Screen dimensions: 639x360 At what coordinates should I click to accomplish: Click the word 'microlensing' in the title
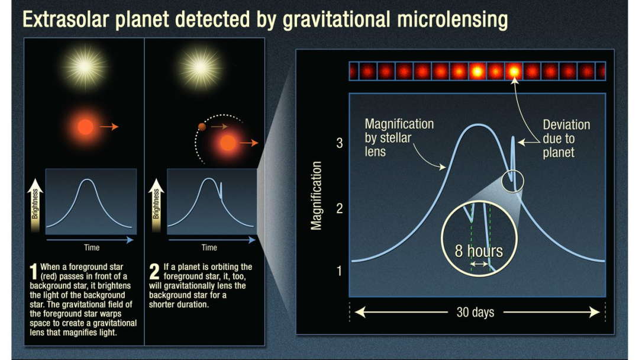point(453,20)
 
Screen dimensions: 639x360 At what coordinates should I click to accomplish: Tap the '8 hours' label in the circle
point(479,251)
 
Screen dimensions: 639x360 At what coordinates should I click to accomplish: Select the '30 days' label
point(475,312)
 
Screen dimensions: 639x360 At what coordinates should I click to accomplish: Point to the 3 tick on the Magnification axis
point(340,143)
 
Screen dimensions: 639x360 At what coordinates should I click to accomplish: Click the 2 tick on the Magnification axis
point(340,209)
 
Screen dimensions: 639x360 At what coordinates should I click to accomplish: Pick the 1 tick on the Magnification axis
point(339,271)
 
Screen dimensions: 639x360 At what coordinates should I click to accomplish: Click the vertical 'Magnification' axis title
point(316,196)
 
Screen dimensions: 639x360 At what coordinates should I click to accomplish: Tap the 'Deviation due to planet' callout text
point(566,139)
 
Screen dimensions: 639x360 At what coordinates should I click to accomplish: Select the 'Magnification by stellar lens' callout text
point(399,138)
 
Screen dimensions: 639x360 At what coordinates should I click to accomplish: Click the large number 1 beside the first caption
point(33,272)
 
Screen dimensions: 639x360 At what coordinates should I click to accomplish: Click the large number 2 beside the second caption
point(154,272)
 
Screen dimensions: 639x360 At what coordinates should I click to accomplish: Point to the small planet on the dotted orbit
point(202,127)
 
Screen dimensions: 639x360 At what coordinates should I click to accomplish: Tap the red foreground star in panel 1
point(86,127)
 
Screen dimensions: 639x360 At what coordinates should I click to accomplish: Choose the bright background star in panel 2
point(201,67)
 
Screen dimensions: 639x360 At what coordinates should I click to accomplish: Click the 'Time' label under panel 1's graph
point(92,247)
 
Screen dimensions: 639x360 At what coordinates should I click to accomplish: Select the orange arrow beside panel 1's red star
point(109,127)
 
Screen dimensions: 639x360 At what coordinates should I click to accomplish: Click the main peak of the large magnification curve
point(477,125)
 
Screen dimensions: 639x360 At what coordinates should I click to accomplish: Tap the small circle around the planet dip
point(512,181)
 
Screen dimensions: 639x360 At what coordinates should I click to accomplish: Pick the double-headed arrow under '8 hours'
point(480,264)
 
